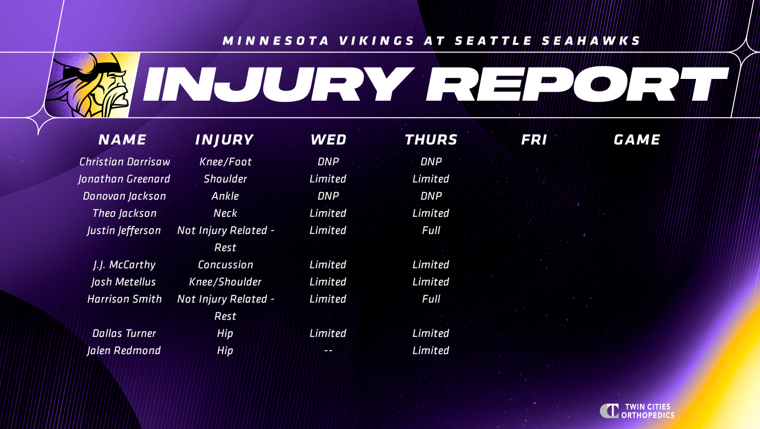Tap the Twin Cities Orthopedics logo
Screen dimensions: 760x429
coord(637,411)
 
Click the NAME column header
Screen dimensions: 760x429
coord(122,140)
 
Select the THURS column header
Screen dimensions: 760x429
coord(431,140)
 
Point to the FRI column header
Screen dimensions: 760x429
coord(534,140)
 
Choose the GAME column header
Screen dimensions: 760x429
coord(637,140)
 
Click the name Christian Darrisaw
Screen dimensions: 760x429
coord(125,161)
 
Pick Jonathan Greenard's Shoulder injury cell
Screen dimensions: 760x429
coord(225,179)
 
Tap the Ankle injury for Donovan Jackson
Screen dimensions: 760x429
coord(225,196)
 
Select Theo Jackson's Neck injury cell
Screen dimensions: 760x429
coord(225,213)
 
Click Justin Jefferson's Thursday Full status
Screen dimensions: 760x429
coord(431,231)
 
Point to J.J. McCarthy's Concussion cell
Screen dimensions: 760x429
coord(225,265)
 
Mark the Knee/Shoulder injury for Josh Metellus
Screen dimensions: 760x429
coord(225,281)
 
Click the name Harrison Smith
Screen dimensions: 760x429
coord(125,299)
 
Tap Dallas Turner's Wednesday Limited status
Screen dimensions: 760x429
coord(328,333)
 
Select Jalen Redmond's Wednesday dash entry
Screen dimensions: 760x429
coord(328,351)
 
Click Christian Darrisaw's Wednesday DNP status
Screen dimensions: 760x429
coord(328,161)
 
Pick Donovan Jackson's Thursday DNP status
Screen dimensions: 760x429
coord(431,196)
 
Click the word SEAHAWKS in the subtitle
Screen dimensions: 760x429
coord(591,41)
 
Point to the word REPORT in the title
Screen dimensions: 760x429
coord(577,84)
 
